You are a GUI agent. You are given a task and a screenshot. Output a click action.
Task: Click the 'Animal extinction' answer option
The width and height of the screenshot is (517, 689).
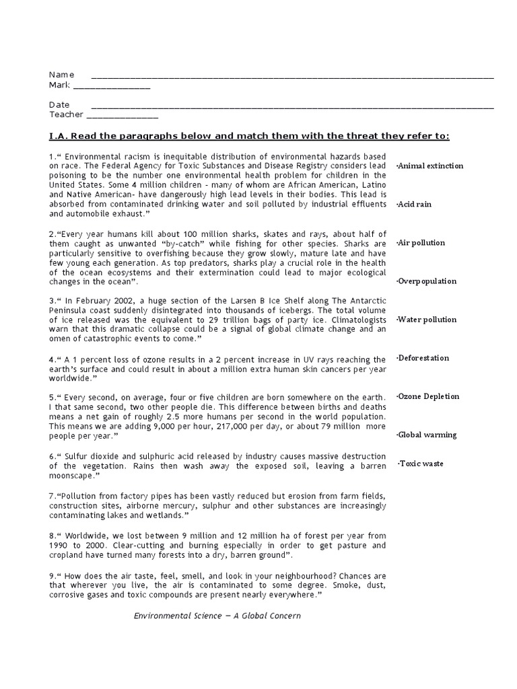point(430,166)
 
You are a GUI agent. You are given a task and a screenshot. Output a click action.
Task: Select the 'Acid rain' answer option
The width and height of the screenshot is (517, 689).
point(414,205)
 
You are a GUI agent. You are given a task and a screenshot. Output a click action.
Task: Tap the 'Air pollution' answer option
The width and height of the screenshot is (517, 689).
point(421,243)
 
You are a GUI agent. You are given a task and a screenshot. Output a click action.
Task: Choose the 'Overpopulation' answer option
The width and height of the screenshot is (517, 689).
point(427,281)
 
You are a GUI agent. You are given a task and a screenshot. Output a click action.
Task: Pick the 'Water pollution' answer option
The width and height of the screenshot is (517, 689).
point(426,320)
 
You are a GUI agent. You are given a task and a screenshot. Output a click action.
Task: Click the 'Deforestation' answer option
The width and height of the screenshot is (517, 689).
point(423,358)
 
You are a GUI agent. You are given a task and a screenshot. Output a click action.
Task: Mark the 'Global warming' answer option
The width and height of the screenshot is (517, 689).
point(427,435)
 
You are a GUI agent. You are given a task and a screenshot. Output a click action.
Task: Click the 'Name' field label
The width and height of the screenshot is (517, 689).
point(61,75)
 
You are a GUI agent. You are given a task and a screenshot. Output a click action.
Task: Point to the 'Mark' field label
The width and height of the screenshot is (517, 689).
point(60,85)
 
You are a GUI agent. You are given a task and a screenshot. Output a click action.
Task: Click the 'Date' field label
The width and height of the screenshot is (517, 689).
point(59,105)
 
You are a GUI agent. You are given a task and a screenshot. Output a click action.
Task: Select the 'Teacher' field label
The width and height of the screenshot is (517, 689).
point(65,115)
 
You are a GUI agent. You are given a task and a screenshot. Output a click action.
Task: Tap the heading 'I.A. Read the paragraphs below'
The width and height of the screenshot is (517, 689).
point(249,136)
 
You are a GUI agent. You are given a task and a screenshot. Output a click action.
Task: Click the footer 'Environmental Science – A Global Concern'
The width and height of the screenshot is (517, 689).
point(217,616)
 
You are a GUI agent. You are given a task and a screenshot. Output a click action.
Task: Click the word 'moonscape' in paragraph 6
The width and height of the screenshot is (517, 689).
point(72,476)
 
